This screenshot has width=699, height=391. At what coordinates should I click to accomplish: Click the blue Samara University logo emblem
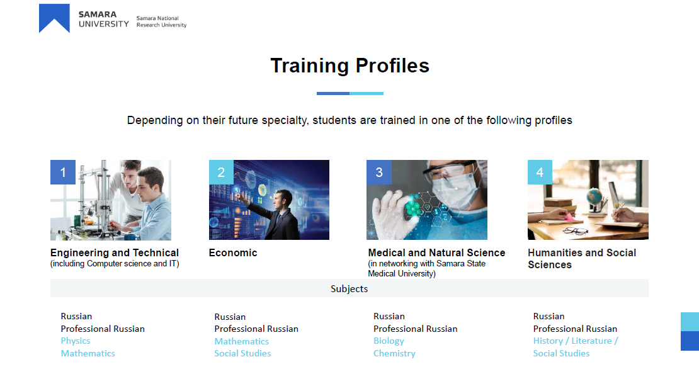(54, 18)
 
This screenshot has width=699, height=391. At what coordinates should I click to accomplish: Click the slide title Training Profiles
(350, 65)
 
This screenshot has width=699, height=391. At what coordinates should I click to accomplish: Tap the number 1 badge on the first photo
(63, 172)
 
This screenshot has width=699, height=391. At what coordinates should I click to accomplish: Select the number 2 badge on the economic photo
(221, 172)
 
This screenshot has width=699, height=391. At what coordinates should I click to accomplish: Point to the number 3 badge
(379, 172)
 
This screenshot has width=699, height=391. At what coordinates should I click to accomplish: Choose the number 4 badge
(540, 172)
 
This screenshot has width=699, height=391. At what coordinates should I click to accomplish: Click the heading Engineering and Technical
(115, 252)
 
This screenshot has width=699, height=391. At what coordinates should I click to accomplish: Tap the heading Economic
(233, 252)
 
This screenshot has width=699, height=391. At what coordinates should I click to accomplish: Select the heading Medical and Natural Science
(437, 252)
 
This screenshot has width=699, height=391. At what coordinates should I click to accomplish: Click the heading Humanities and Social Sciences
(582, 259)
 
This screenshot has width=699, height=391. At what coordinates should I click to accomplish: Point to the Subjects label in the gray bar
(349, 289)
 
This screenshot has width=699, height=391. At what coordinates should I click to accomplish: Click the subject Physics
(76, 341)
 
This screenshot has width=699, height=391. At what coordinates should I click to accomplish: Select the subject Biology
(389, 341)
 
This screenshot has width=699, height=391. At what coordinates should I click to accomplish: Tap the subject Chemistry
(394, 354)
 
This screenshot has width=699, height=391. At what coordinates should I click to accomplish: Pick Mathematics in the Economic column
(242, 341)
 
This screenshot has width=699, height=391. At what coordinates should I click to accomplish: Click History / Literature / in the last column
(576, 341)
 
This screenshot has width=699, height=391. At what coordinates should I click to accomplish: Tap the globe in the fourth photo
(594, 196)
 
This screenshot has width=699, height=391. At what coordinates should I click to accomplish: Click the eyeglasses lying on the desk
(576, 230)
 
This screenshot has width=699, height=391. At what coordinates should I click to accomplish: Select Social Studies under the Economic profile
(242, 354)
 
